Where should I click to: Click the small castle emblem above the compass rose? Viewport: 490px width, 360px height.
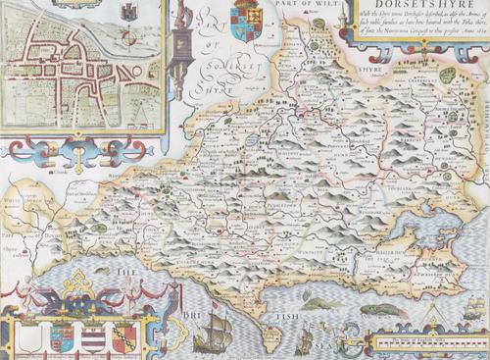(x=125, y=13)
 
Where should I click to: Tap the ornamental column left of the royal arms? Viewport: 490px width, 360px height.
(x=181, y=39)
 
